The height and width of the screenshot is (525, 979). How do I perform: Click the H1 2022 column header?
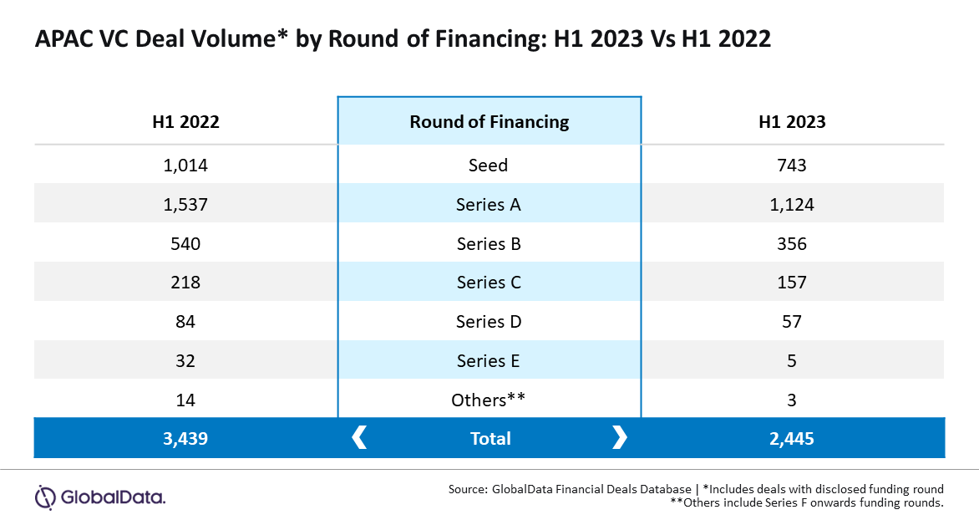(x=185, y=121)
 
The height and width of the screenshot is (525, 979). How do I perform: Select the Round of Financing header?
(x=489, y=121)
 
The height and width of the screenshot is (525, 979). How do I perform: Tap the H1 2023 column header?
(x=792, y=121)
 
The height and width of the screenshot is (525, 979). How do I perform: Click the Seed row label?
(x=489, y=165)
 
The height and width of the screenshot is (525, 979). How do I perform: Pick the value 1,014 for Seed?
(x=185, y=165)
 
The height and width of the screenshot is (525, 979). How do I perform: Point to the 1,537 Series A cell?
(x=185, y=204)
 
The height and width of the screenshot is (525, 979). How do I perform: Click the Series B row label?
(x=489, y=244)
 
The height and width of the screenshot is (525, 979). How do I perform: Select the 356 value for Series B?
(x=792, y=244)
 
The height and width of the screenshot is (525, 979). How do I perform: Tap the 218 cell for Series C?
(x=185, y=283)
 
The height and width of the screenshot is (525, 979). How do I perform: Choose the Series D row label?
(x=489, y=322)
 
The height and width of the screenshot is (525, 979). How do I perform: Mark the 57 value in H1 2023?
(x=792, y=322)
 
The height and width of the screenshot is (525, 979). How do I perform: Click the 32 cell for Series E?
(x=185, y=361)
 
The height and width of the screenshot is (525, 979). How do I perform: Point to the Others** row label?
(x=489, y=400)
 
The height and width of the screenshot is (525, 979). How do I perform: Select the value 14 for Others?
(x=185, y=400)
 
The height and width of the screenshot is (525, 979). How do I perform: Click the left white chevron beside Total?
(x=359, y=437)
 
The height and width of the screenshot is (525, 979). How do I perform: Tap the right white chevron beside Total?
(x=619, y=437)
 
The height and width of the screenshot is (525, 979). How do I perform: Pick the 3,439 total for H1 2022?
(x=185, y=439)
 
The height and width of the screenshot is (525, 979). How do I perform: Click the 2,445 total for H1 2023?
(x=792, y=439)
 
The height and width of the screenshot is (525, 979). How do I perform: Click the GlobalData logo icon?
(x=46, y=497)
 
